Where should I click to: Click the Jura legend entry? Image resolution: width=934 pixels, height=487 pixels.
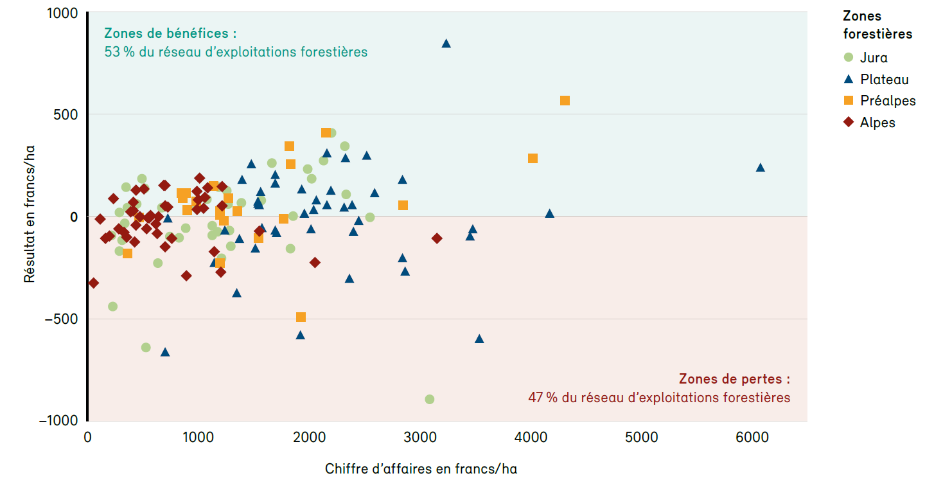(873, 57)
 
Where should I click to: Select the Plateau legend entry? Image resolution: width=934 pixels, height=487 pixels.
(884, 80)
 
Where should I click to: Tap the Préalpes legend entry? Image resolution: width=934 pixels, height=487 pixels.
(887, 101)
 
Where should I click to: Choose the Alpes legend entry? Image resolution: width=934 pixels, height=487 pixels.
(877, 122)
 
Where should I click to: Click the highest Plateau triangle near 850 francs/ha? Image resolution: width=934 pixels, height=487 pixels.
(446, 43)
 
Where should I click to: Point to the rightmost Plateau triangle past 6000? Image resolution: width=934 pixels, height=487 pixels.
(760, 168)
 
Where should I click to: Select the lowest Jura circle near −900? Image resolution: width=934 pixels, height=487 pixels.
(430, 399)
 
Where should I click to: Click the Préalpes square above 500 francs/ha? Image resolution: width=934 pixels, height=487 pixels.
(565, 101)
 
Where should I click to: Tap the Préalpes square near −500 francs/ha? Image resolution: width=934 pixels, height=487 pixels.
(301, 317)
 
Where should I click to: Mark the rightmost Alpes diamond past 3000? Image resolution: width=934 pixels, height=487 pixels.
(437, 238)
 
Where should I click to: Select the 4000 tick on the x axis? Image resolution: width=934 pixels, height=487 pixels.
(531, 438)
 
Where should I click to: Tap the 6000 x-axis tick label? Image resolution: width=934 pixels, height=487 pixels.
(752, 438)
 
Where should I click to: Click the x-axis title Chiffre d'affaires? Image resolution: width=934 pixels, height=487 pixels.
(421, 469)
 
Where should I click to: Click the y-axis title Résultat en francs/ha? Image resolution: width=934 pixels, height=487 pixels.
(30, 216)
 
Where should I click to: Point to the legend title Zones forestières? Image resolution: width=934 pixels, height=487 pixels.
(877, 24)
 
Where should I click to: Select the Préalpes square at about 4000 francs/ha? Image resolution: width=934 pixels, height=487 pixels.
(533, 158)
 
